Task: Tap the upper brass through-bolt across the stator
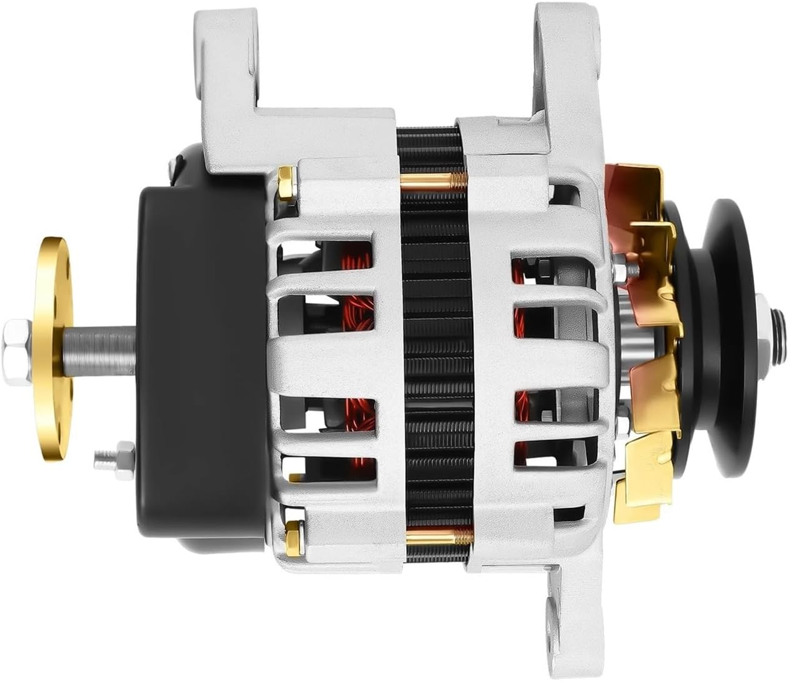click(431, 181)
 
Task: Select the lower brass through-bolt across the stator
click(438, 535)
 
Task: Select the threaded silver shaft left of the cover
click(106, 344)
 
